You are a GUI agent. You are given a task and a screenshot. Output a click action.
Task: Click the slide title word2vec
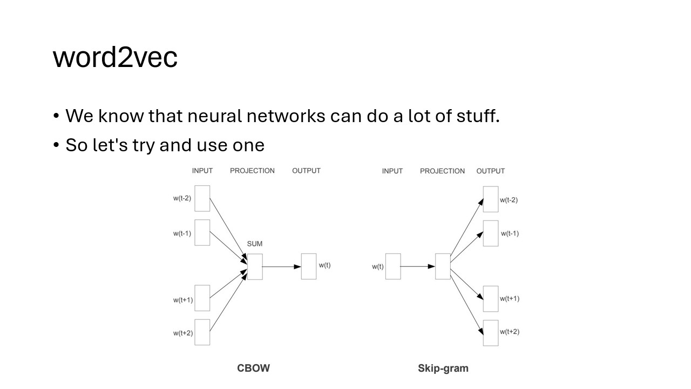115,57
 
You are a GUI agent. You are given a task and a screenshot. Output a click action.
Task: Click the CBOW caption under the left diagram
253,368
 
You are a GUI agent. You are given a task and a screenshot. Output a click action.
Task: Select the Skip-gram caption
443,368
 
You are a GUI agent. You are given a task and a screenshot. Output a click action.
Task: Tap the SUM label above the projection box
254,244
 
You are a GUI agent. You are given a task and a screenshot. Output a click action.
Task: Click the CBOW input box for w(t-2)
202,198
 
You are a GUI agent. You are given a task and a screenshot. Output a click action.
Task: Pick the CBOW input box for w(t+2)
202,332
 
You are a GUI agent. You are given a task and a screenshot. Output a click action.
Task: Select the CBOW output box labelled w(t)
309,266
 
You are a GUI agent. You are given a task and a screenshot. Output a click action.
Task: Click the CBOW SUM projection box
254,266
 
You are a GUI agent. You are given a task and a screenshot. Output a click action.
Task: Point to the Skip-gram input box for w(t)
393,266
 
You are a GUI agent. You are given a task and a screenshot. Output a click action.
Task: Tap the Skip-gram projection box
443,266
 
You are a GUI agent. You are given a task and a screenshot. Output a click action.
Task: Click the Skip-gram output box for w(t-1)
491,233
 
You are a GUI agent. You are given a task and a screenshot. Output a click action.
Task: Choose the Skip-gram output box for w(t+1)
491,299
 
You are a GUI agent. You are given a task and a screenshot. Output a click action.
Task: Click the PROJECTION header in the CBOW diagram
252,171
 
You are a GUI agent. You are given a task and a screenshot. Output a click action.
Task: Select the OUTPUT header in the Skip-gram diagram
490,171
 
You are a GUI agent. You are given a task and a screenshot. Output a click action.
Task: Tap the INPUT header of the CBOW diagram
202,171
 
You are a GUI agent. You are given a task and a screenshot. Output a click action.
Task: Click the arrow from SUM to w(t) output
282,266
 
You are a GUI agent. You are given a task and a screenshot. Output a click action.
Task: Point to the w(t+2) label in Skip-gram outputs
510,332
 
